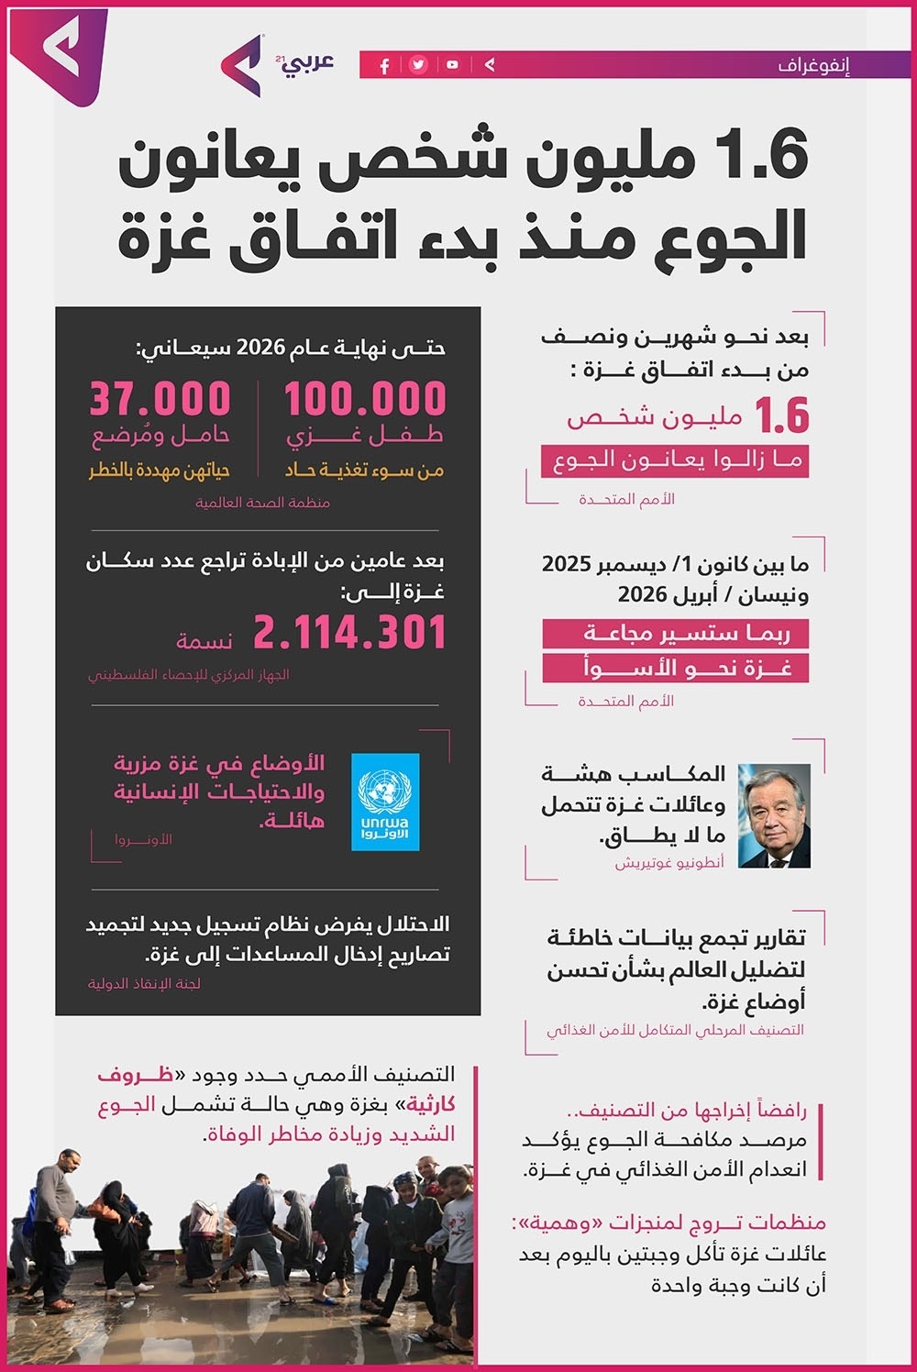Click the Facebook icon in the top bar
tap(384, 65)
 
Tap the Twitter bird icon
tap(418, 65)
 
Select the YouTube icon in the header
tap(452, 65)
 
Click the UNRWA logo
tap(386, 802)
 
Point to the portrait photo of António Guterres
tap(774, 815)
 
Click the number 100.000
tap(365, 400)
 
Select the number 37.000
tap(160, 400)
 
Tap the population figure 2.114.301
tap(349, 634)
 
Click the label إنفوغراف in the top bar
tap(814, 65)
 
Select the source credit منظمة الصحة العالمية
tap(262, 503)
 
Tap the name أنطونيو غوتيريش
tap(669, 863)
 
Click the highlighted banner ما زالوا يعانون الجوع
tap(676, 460)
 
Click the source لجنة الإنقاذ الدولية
tap(144, 984)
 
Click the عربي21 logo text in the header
tap(304, 62)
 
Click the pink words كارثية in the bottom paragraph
tap(430, 1104)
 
